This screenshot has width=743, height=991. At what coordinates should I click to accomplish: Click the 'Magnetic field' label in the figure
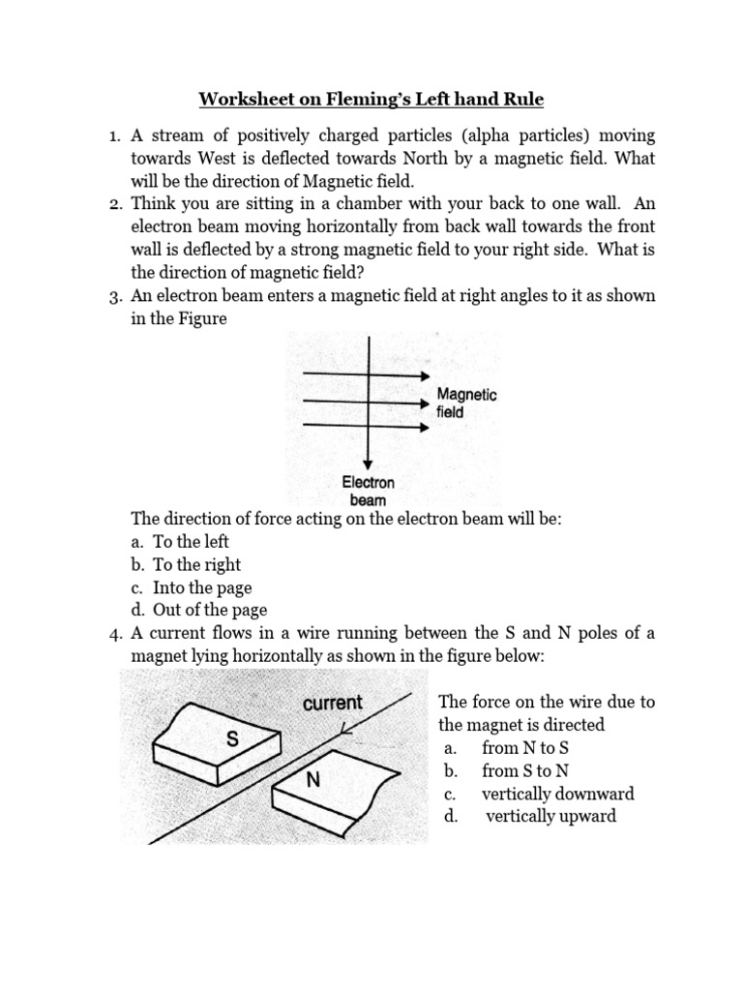click(x=466, y=403)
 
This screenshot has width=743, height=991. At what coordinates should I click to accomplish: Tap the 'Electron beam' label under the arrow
click(x=368, y=491)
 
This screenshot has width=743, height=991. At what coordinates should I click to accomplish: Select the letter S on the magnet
click(x=231, y=739)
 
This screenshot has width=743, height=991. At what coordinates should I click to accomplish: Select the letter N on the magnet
click(x=312, y=778)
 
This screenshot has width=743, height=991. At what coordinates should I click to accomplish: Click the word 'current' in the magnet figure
click(x=332, y=703)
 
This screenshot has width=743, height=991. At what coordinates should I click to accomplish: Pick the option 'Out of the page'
click(x=209, y=610)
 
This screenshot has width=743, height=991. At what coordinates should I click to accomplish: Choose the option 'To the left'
click(x=191, y=542)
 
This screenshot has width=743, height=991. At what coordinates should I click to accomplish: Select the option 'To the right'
click(x=196, y=564)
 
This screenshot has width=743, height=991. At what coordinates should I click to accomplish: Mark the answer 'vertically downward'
click(x=557, y=794)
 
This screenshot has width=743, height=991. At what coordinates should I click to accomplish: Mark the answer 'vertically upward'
click(x=550, y=817)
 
